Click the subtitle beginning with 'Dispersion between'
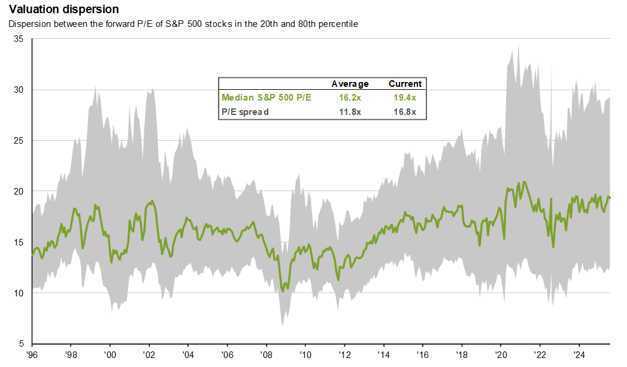click(x=183, y=24)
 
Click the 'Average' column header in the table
click(x=350, y=84)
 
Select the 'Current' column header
click(x=405, y=84)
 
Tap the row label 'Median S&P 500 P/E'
click(x=266, y=98)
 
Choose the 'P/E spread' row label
click(x=246, y=111)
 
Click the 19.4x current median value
click(x=405, y=98)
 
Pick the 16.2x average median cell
click(x=350, y=98)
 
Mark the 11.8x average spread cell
click(x=350, y=111)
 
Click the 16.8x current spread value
click(x=405, y=111)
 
